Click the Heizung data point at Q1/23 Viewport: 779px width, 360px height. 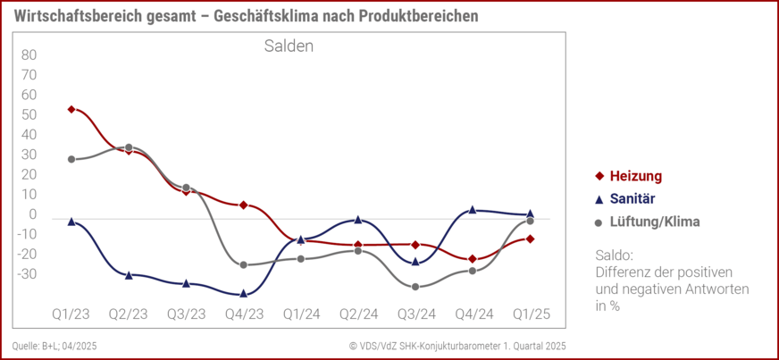pos(71,109)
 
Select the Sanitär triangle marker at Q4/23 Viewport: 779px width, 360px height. pos(244,293)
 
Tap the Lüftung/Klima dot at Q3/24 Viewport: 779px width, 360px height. pos(415,287)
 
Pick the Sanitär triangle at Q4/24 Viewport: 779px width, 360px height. pos(473,210)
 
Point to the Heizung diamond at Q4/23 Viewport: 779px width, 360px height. pos(244,205)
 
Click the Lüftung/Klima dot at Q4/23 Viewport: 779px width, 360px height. pos(244,264)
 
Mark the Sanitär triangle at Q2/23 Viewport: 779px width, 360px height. pos(129,275)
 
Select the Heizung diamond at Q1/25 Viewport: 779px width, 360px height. pos(530,239)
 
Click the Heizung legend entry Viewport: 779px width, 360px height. pos(634,176)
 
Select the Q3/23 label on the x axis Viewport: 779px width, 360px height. pos(186,314)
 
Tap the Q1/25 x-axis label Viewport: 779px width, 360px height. pos(530,314)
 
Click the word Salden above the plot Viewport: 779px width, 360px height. pos(288,46)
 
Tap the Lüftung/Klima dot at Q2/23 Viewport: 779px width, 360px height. pos(129,147)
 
